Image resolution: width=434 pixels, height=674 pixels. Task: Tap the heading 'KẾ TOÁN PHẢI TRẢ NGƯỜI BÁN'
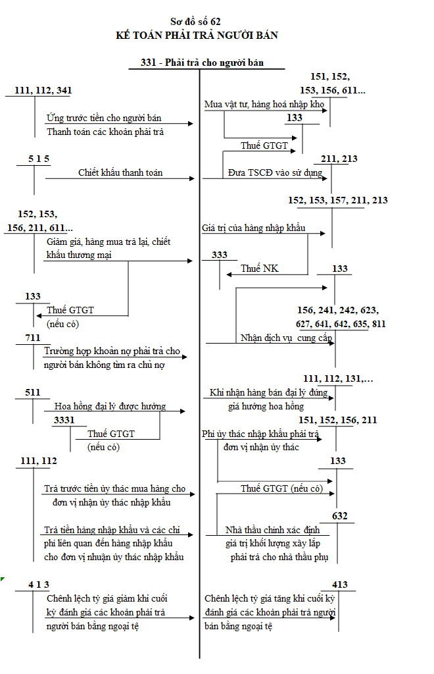point(196,35)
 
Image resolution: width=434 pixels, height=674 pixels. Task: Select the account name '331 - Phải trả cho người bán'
point(202,63)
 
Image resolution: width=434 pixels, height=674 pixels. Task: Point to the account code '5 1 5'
point(39,159)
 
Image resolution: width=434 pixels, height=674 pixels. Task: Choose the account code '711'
point(33,338)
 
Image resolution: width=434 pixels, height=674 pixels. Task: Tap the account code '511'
point(33,392)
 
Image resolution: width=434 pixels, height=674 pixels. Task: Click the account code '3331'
point(64,419)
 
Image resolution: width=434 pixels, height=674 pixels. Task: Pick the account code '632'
point(340,516)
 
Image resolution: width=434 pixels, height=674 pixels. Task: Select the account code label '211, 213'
point(340,159)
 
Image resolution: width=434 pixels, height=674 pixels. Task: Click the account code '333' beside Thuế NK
point(220,255)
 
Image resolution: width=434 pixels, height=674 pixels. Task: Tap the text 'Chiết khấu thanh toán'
point(120,173)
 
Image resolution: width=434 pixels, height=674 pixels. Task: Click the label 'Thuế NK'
point(260,269)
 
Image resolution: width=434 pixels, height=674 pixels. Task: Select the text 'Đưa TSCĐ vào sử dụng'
point(275,173)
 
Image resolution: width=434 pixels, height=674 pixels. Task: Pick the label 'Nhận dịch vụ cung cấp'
point(286,338)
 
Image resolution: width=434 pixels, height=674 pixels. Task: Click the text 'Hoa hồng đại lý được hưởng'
point(110,406)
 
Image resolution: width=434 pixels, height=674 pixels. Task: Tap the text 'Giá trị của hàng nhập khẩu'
point(254,228)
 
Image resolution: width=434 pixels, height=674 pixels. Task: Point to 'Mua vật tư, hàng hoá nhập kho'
point(264,104)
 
